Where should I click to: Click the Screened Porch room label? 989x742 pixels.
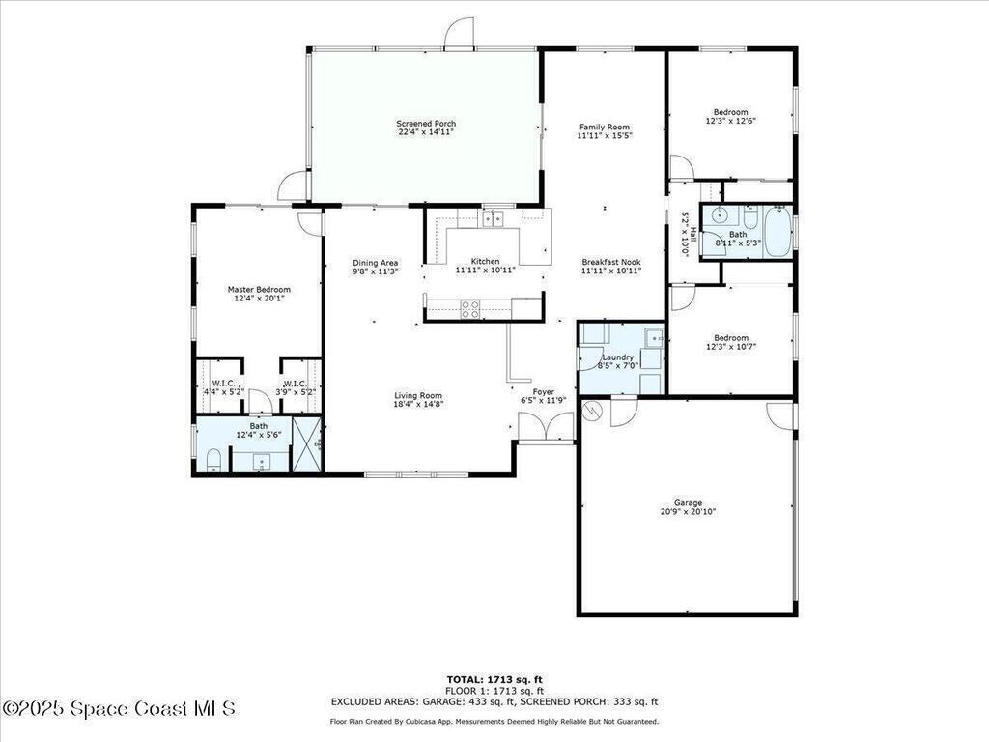[426, 124]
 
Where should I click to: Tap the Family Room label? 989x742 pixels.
[605, 127]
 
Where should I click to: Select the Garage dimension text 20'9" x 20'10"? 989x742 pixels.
[688, 512]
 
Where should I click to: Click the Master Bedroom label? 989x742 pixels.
[259, 290]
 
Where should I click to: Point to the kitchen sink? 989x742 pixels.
[494, 218]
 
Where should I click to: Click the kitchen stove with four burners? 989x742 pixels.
[469, 309]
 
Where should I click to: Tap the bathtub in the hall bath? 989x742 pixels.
[777, 232]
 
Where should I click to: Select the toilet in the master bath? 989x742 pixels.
[213, 459]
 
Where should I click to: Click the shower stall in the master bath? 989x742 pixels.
[307, 444]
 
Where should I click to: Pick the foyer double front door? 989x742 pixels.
[546, 426]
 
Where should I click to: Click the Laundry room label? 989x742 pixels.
[617, 357]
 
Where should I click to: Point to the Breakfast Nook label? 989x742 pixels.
[611, 262]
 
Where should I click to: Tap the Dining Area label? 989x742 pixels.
[375, 263]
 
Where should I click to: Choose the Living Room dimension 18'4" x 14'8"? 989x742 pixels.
[417, 405]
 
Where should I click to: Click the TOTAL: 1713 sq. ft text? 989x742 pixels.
[494, 679]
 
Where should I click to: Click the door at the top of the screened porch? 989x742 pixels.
[459, 33]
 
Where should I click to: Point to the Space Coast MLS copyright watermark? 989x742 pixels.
[119, 708]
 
